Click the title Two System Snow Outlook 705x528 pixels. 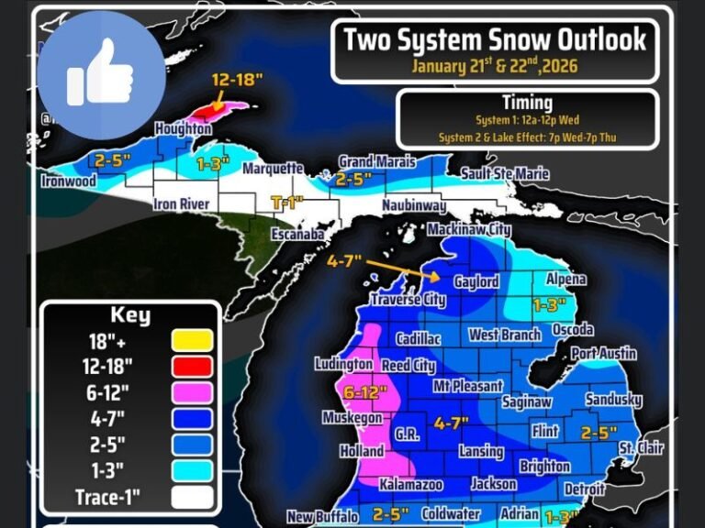point(495,39)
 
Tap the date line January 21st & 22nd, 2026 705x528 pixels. point(496,66)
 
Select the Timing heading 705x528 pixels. point(527,103)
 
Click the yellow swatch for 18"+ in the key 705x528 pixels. point(192,340)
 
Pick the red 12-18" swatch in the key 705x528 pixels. point(192,367)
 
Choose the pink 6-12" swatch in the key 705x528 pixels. point(192,392)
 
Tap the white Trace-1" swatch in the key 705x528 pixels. point(192,498)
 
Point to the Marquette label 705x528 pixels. point(273,169)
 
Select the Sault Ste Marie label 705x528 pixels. point(504,173)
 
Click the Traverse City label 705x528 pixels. point(408,299)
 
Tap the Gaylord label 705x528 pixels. point(476,282)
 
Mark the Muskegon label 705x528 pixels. point(352,418)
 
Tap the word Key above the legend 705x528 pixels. point(130,315)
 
